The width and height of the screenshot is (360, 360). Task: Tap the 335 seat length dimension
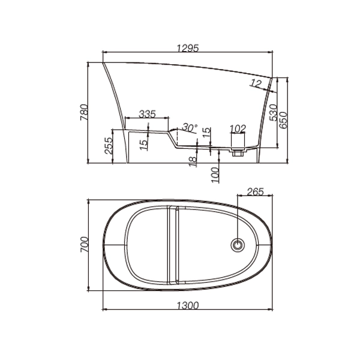tap(148, 114)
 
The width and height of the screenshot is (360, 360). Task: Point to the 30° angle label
tap(190, 128)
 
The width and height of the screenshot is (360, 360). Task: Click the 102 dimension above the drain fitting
tap(238, 128)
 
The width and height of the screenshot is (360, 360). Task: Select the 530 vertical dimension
tap(273, 112)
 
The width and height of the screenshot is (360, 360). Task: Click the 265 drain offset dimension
tap(255, 193)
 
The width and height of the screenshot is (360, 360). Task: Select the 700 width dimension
tap(85, 244)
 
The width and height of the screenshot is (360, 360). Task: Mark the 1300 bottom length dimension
tap(188, 305)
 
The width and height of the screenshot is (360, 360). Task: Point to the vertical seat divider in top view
tap(172, 245)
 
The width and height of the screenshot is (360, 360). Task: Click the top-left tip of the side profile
tap(103, 62)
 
